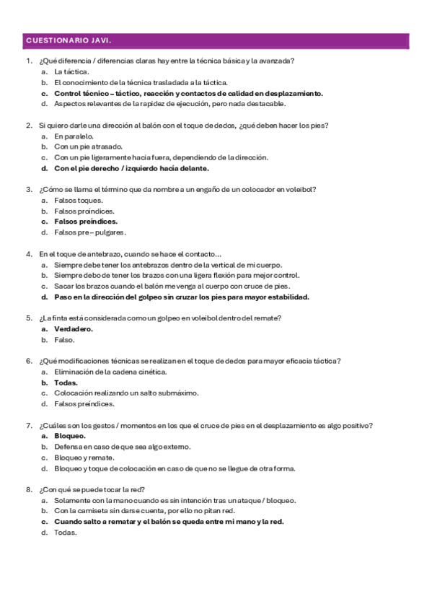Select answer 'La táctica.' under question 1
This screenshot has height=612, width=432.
pos(71,72)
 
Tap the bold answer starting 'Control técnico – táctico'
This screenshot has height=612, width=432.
pos(188,93)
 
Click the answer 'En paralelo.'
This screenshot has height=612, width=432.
pos(74,136)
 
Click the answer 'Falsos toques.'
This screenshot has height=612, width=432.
pos(79,200)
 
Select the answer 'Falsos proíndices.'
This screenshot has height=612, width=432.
pos(86,211)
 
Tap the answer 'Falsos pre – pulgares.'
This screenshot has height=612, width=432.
pos(90,232)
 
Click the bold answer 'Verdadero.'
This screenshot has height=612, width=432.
pos(74,328)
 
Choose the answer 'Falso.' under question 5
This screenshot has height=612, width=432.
pos(64,339)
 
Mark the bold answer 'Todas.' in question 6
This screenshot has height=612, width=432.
pos(66,382)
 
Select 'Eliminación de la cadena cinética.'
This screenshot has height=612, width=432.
pos(110,372)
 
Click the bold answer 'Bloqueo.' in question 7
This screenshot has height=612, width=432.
pos(70,436)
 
